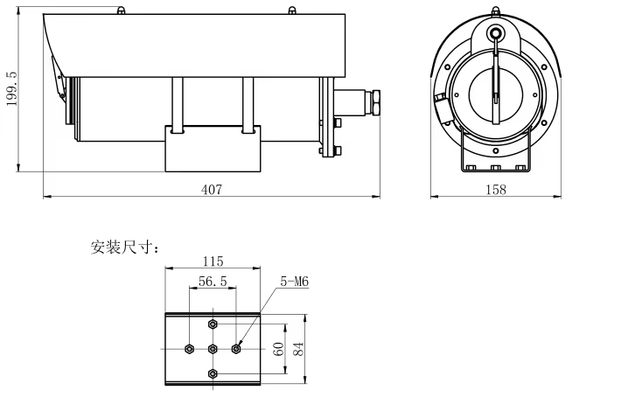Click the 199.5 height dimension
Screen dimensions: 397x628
pyautogui.click(x=11, y=89)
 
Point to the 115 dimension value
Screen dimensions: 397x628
pyautogui.click(x=213, y=261)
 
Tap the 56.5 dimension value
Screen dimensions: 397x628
pyautogui.click(x=213, y=282)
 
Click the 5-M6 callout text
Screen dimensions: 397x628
pyautogui.click(x=294, y=282)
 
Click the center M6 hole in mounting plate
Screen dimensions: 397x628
pyautogui.click(x=213, y=348)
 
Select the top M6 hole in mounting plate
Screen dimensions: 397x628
pyautogui.click(x=213, y=324)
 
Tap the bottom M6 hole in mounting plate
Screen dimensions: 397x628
pyautogui.click(x=213, y=373)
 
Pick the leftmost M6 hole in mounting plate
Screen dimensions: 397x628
pyautogui.click(x=190, y=348)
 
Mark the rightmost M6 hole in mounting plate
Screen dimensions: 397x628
pyautogui.click(x=236, y=348)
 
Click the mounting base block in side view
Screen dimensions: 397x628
pyautogui.click(x=212, y=149)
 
